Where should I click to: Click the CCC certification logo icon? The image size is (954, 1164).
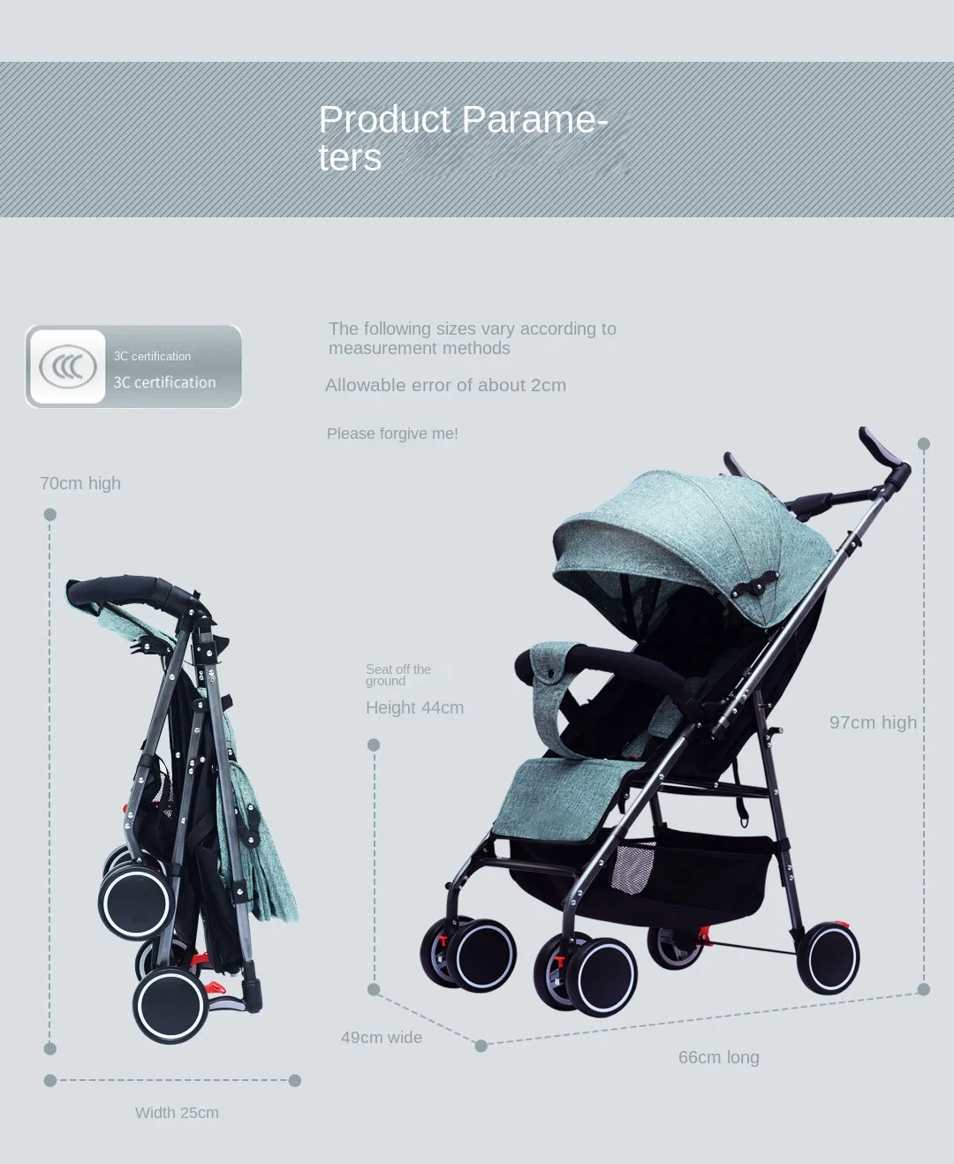(x=68, y=367)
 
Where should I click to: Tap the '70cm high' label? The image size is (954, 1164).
(x=80, y=483)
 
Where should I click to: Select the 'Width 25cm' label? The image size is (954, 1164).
(x=177, y=1113)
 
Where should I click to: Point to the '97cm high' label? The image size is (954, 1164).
(x=873, y=722)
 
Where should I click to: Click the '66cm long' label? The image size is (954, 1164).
(x=719, y=1057)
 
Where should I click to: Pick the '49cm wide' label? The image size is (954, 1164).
(x=382, y=1038)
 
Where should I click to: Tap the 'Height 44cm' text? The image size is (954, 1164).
(x=414, y=707)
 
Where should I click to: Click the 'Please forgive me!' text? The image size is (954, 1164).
(x=392, y=434)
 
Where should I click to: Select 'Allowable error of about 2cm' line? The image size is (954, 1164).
(x=445, y=385)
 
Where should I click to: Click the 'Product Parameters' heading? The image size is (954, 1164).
(x=463, y=138)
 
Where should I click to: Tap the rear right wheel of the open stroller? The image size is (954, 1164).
(x=829, y=959)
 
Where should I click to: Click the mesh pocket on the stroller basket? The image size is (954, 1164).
(x=632, y=868)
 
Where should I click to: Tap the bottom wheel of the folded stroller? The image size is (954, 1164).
(x=170, y=1006)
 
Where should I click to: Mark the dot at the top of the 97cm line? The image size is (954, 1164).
(x=924, y=443)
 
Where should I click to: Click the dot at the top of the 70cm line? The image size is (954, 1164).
(x=50, y=515)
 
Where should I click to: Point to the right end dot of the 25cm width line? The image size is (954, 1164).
(x=295, y=1080)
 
